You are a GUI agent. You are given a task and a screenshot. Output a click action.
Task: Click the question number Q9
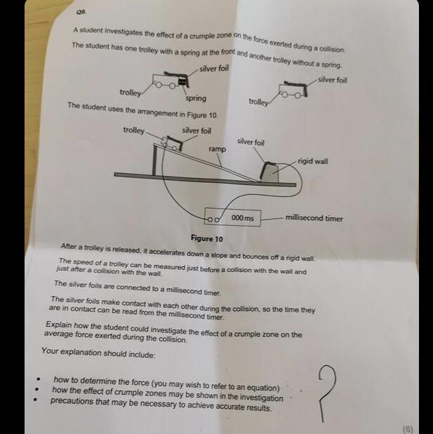[x=81, y=12]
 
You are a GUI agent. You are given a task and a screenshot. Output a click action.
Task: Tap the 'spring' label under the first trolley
[x=196, y=99]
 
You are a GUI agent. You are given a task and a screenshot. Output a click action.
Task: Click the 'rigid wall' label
[x=313, y=161]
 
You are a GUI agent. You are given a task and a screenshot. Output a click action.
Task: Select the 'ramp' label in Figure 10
[x=217, y=149]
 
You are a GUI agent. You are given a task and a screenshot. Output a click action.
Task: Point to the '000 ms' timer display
[x=242, y=218]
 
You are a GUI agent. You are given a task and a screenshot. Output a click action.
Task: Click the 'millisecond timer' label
[x=314, y=218]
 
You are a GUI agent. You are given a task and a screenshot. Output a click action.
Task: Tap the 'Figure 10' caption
[x=206, y=238]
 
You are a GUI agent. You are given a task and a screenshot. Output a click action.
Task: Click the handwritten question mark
[x=326, y=393]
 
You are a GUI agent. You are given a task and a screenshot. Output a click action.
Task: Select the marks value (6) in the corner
[x=408, y=429]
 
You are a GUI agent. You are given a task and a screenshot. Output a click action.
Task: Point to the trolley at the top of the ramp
[x=172, y=143]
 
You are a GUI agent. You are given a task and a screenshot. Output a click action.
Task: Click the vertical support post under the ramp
[x=154, y=161]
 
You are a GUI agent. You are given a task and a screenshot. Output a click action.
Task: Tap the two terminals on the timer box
[x=213, y=220]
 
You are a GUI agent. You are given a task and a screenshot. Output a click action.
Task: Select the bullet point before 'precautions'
[x=35, y=399]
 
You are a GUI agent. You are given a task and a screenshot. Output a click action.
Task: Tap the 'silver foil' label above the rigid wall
[x=251, y=142]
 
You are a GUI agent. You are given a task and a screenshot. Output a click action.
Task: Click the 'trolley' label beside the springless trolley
[x=258, y=102]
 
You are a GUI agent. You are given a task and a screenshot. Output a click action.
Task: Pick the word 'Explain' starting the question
[x=59, y=325]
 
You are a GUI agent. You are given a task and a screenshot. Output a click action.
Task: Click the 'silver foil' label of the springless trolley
[x=333, y=80]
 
